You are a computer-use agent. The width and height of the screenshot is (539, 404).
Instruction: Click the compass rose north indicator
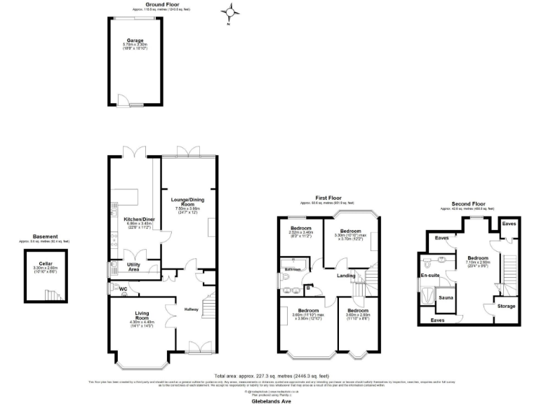click(229, 13)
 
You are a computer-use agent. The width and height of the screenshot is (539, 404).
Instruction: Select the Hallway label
click(191, 309)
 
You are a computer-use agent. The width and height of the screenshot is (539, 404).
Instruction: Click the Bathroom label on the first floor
click(293, 269)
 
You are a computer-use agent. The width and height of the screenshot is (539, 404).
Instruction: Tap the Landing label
click(345, 276)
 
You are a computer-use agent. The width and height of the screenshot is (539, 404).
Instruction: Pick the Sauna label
click(445, 298)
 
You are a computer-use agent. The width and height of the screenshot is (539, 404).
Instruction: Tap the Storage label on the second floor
click(506, 306)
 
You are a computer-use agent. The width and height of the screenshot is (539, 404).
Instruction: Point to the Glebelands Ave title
click(270, 394)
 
